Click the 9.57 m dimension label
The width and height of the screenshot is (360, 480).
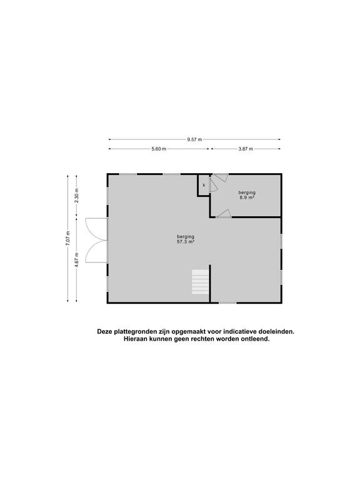tap(194, 139)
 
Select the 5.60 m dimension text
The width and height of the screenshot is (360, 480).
tap(159, 149)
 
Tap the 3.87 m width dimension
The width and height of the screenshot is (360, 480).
tap(246, 149)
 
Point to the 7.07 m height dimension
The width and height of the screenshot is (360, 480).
tap(67, 238)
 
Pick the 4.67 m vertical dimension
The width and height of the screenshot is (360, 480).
tap(77, 259)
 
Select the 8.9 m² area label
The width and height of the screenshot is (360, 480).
tap(247, 197)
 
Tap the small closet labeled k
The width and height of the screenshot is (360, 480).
tap(204, 186)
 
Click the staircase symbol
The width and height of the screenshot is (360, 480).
tap(200, 282)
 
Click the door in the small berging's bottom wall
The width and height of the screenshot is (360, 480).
tap(224, 214)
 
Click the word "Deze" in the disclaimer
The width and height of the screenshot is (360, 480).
tap(106, 332)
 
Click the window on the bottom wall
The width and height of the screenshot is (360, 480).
tap(227, 303)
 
